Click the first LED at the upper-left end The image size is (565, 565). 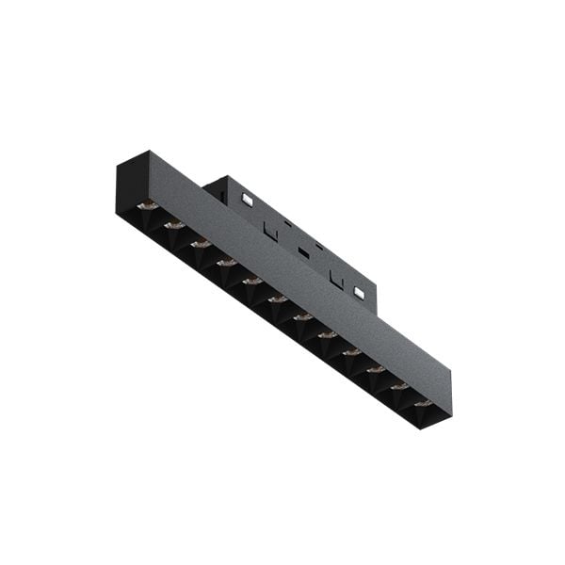tap(146, 205)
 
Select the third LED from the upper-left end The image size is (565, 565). tap(200, 244)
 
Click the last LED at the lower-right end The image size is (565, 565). tap(423, 403)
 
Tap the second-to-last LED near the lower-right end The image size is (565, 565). tap(399, 386)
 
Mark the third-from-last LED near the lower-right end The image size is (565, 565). tap(375, 369)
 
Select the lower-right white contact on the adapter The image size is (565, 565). tap(359, 292)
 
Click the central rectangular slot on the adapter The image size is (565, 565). tap(303, 252)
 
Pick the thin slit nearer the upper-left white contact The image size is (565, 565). tap(288, 223)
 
